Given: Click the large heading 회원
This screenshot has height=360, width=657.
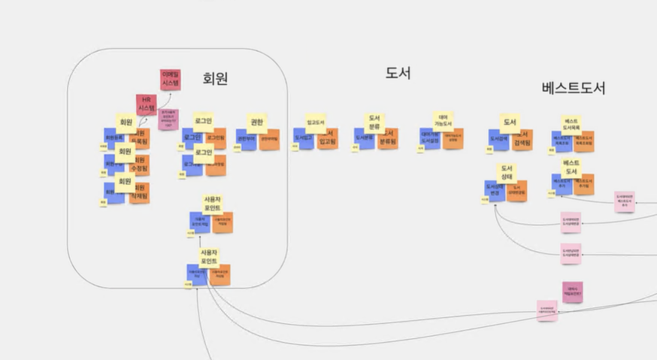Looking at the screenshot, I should point(215,78).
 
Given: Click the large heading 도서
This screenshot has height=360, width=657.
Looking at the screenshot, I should point(398,74).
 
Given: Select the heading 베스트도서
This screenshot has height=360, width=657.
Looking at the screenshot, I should point(573,88).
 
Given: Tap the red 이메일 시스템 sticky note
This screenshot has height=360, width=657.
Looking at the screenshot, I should point(170,79).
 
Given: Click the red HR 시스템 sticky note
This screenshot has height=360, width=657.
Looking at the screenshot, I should point(146,104).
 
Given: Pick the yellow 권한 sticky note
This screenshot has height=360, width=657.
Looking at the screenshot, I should point(256,122).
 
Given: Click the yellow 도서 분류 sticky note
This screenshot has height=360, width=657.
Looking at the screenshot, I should point(374,122).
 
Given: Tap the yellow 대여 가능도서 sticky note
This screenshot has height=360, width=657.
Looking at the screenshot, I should point(443,120).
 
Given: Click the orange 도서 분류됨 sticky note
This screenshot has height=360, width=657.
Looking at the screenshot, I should point(388,138).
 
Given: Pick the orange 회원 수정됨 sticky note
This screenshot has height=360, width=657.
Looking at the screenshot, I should point(139,165).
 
